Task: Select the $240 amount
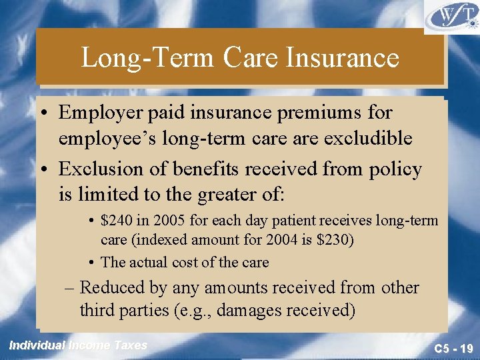115,221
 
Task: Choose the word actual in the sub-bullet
145,263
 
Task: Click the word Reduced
111,288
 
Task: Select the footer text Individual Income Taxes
77,345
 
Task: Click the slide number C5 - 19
453,348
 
